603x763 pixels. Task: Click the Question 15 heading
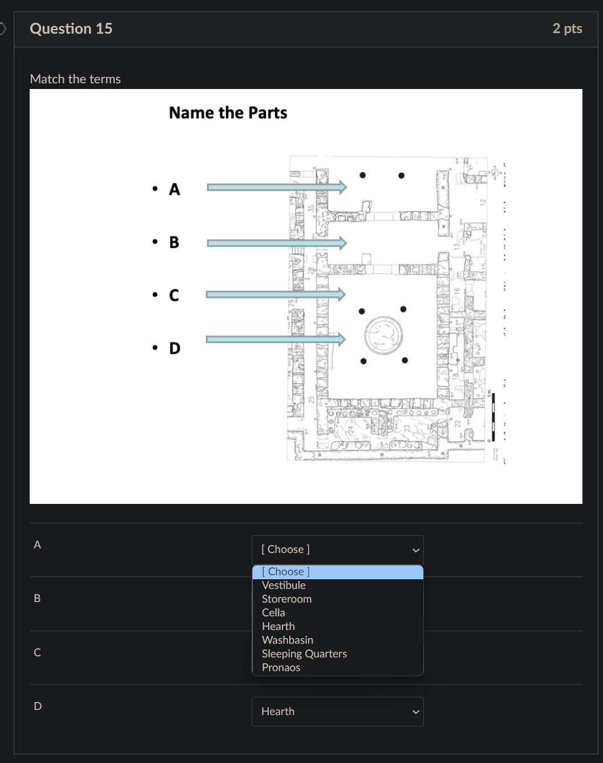[71, 29]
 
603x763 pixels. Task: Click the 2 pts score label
[567, 29]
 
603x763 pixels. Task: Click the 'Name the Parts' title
[228, 113]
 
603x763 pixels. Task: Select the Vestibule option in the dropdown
[284, 585]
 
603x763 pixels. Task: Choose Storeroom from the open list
[286, 599]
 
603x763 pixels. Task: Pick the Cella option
[273, 612]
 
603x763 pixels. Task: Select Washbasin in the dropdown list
[287, 640]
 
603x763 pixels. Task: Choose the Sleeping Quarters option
[304, 653]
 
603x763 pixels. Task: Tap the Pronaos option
[281, 667]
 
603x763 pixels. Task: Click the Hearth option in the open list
[278, 626]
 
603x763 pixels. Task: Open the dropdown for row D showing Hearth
[337, 712]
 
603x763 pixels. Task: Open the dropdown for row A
[337, 550]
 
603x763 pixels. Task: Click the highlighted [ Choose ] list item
[337, 572]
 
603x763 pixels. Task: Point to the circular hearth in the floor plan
[383, 334]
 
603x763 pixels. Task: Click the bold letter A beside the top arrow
[175, 189]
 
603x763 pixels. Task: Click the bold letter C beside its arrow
[174, 295]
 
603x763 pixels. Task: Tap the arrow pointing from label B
[276, 243]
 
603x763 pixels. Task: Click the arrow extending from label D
[276, 340]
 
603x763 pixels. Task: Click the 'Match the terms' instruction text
[75, 79]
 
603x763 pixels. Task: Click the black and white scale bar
[493, 417]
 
